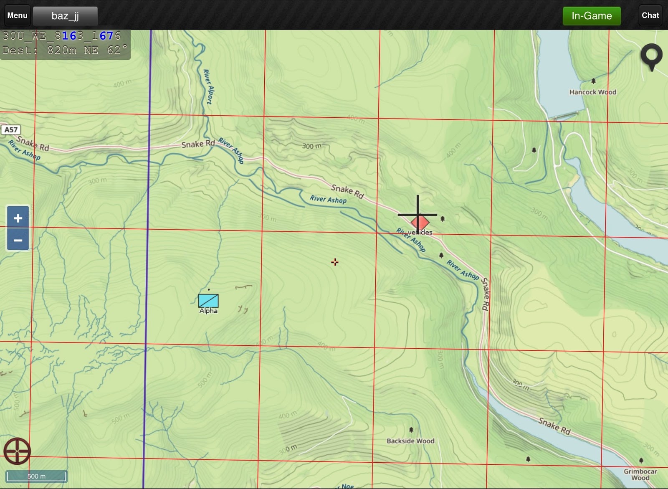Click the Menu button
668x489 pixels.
[17, 15]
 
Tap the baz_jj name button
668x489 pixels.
[65, 16]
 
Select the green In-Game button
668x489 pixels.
[591, 16]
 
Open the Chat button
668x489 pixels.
[650, 15]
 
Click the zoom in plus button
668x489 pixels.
[18, 218]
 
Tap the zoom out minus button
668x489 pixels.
[18, 240]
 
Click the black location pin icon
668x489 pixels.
[651, 56]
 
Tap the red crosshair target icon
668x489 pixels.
[17, 451]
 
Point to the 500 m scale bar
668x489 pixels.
[36, 476]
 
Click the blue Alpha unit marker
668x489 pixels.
[208, 301]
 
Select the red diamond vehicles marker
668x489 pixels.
[420, 223]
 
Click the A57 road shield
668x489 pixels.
[11, 129]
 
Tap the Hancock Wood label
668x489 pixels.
[592, 92]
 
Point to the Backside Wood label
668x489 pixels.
[410, 441]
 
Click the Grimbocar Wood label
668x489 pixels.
[640, 474]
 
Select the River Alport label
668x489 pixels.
[208, 86]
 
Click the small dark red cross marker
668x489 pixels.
[335, 262]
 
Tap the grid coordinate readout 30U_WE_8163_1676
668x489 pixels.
[62, 36]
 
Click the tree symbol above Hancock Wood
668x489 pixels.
[593, 81]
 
